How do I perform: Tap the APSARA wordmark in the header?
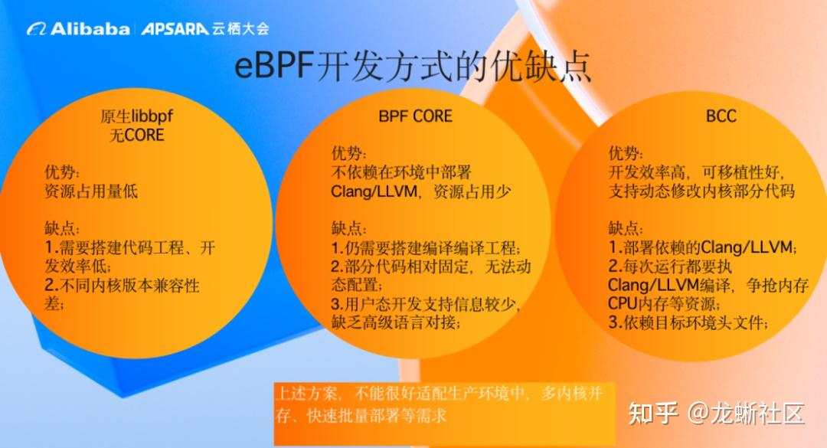tap(175, 28)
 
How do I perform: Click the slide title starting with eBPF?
tap(413, 66)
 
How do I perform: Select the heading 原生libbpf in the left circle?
tap(136, 116)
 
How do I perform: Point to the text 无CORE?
tap(136, 135)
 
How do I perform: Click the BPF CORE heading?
tap(416, 116)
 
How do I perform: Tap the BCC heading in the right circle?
tap(721, 116)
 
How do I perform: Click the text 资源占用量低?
tap(91, 191)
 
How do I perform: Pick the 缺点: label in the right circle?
tap(626, 228)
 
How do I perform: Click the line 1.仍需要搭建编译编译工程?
tap(426, 247)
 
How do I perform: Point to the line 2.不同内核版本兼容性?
tap(123, 286)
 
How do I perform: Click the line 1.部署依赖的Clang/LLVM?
tap(702, 247)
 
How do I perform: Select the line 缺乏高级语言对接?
tap(396, 322)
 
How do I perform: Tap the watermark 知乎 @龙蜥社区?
tap(716, 413)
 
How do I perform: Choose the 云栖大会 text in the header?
tap(241, 28)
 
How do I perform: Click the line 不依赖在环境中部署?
tap(400, 172)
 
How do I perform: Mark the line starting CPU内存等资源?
tap(665, 304)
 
